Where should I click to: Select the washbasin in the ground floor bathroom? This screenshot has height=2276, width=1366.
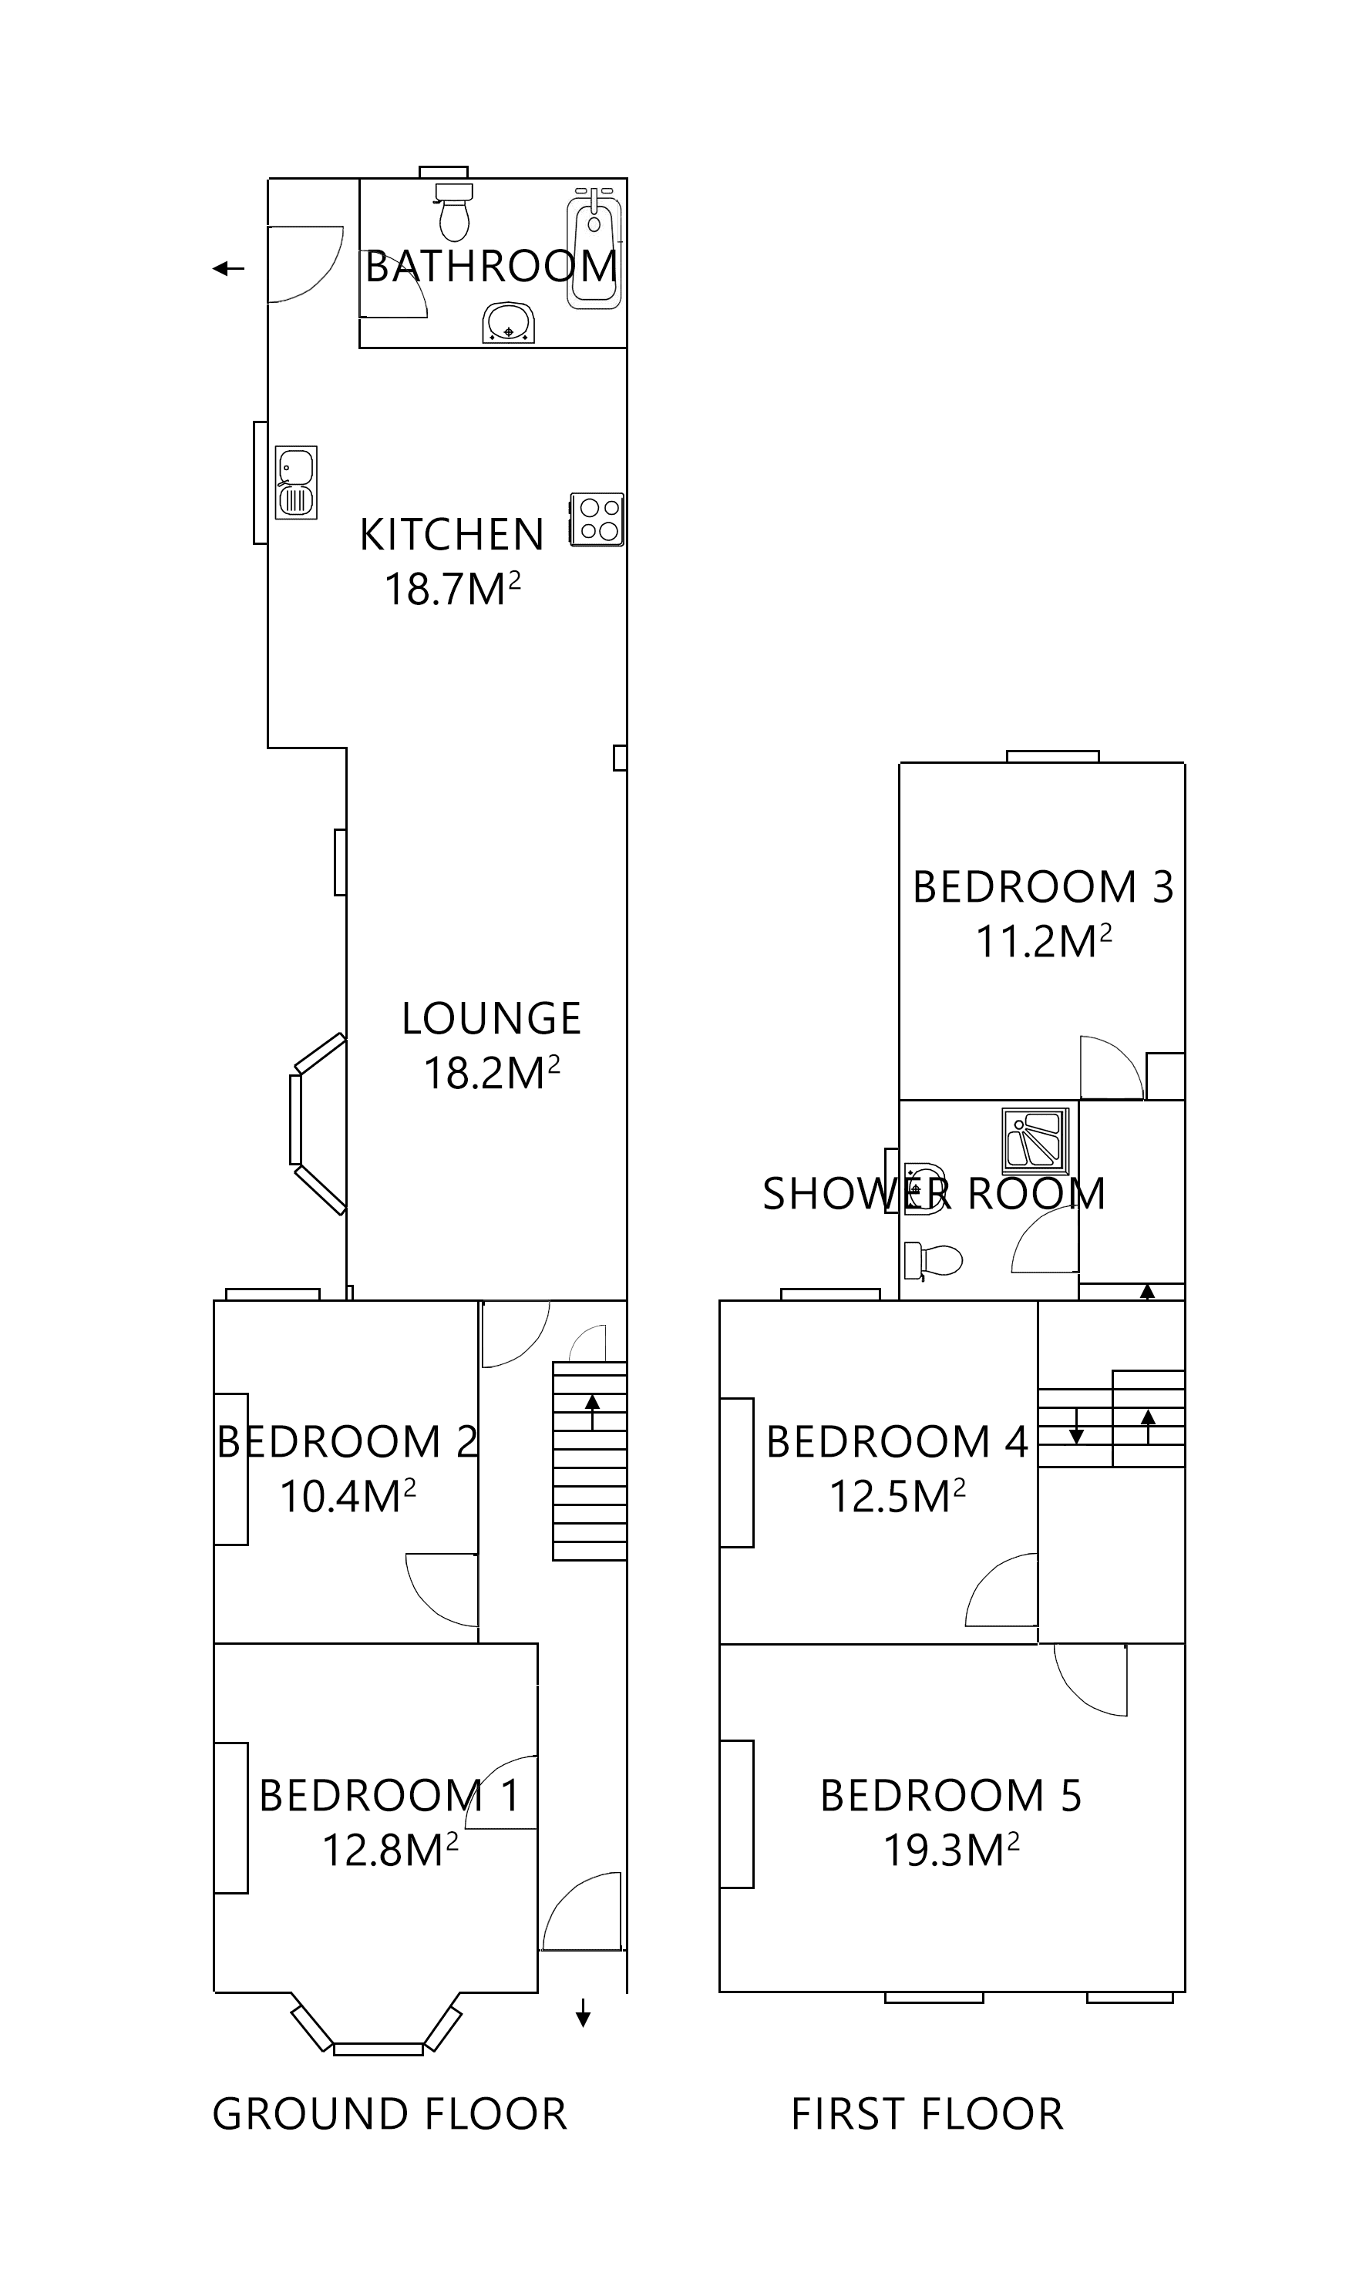point(508,324)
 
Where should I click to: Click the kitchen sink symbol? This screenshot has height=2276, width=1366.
point(296,482)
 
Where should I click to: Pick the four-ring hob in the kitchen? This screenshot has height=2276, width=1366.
point(597,520)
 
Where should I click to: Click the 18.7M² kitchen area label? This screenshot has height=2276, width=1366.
point(452,589)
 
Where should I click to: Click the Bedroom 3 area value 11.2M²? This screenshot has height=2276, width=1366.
point(1043,942)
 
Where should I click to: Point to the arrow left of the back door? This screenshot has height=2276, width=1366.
point(228,269)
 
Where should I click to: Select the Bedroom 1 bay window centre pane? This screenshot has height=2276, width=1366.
point(379,2049)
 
